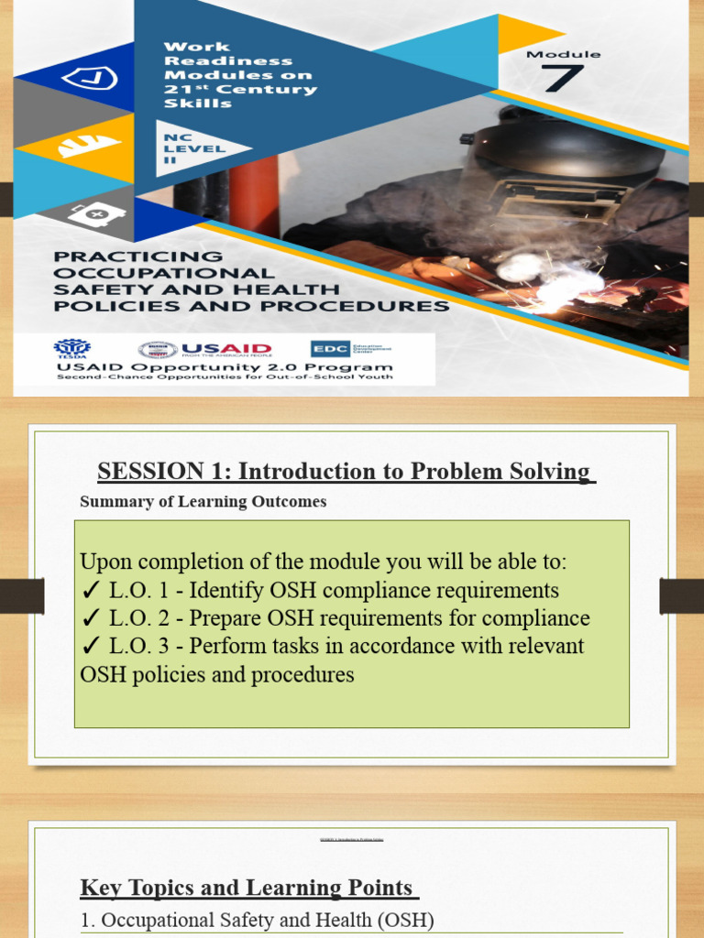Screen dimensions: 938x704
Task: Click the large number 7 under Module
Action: point(562,79)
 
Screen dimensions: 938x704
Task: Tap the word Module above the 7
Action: point(563,54)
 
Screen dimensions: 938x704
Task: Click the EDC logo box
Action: point(325,349)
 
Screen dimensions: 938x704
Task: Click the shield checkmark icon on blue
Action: point(88,80)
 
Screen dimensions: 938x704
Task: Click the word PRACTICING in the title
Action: point(137,256)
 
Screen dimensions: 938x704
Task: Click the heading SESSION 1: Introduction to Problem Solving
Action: point(345,472)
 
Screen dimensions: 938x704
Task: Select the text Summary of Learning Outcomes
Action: point(203,502)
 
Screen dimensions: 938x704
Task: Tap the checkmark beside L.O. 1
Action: point(90,591)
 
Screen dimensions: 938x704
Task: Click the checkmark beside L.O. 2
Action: point(90,619)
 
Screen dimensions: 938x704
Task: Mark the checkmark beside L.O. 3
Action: point(90,647)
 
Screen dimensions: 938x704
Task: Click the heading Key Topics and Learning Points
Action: point(248,888)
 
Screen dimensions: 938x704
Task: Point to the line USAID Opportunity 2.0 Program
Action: point(224,367)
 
